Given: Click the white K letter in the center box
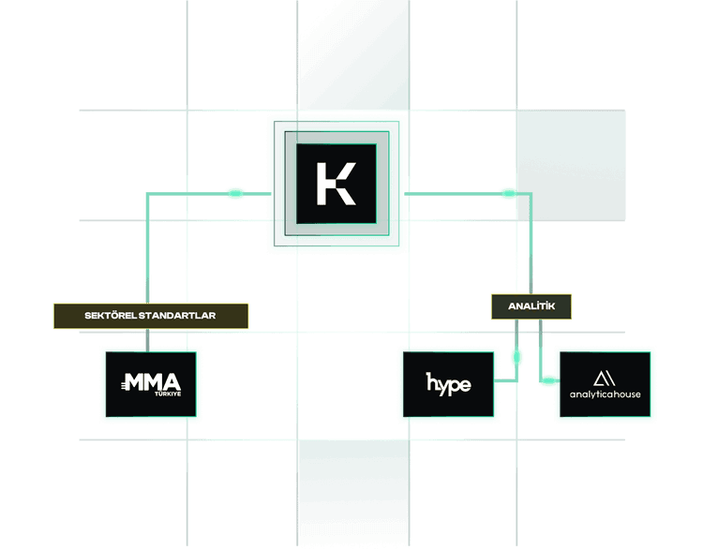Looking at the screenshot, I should [x=336, y=183].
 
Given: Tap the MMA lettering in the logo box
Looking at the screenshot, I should [x=152, y=381].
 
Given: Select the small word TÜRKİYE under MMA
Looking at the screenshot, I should [x=166, y=394].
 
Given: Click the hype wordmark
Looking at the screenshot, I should [x=448, y=383].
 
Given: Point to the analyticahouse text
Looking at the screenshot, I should [x=605, y=394].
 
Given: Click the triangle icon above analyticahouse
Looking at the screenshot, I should [x=605, y=378].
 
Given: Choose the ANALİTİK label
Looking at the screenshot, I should [x=531, y=305].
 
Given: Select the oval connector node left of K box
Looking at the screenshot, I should [x=235, y=193].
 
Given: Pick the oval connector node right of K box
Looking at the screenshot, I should [x=508, y=193].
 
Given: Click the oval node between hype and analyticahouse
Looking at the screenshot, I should [x=516, y=357].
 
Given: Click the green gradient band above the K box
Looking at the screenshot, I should [x=353, y=56].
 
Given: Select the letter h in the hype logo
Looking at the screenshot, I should [x=432, y=382].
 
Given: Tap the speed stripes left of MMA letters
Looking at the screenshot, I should [x=123, y=383].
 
